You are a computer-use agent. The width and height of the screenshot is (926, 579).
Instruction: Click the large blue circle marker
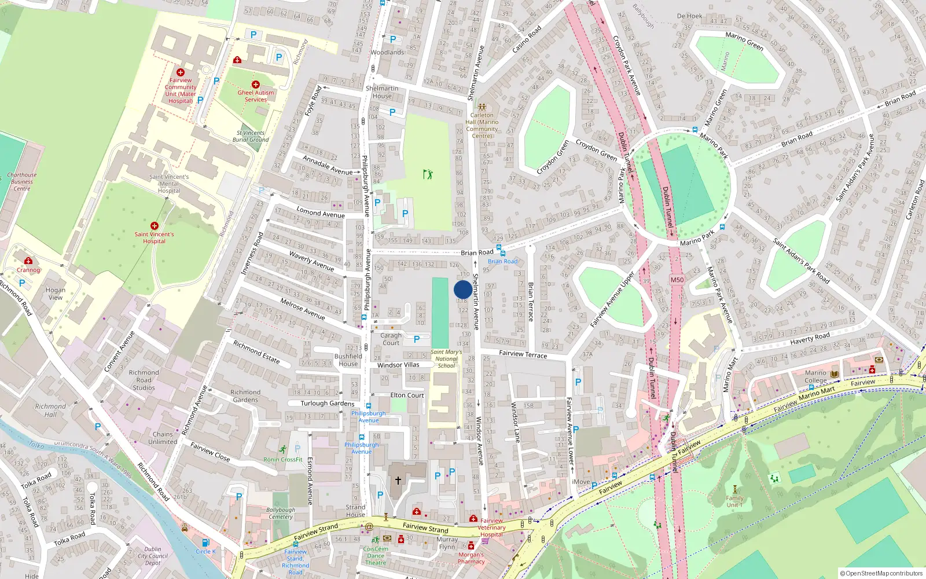point(463,289)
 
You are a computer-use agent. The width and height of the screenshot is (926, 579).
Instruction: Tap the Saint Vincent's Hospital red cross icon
point(155,226)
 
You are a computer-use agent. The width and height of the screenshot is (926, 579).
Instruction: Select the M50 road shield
point(677,280)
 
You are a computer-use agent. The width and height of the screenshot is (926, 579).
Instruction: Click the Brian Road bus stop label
point(502,261)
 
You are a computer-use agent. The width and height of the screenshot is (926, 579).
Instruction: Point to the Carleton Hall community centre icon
point(482,107)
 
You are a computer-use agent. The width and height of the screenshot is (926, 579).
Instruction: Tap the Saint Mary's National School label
point(446,359)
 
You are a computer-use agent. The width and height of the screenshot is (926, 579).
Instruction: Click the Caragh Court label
point(391,339)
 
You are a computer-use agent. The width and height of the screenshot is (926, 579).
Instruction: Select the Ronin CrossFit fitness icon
point(282,449)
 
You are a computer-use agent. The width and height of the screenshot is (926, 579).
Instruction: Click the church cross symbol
point(398,480)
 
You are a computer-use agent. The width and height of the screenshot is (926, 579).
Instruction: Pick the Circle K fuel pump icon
point(205,543)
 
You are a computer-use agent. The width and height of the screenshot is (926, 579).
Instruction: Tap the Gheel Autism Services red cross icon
point(255,85)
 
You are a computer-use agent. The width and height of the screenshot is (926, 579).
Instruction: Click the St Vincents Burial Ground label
point(251,136)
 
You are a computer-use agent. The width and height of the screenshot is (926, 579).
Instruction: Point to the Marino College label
point(815,376)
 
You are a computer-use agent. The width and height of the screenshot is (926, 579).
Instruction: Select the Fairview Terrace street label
point(523,354)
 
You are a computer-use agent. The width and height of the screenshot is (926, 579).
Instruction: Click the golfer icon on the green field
point(428,174)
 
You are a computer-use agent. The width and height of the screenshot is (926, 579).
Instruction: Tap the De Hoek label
point(689,16)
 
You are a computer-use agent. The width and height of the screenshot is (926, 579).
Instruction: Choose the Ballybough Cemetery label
point(281,513)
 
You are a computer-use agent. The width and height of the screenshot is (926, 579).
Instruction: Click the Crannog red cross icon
point(28,261)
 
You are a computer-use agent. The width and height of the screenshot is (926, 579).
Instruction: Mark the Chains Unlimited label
point(163,438)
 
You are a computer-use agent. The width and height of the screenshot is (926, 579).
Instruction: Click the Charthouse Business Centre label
point(22,181)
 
